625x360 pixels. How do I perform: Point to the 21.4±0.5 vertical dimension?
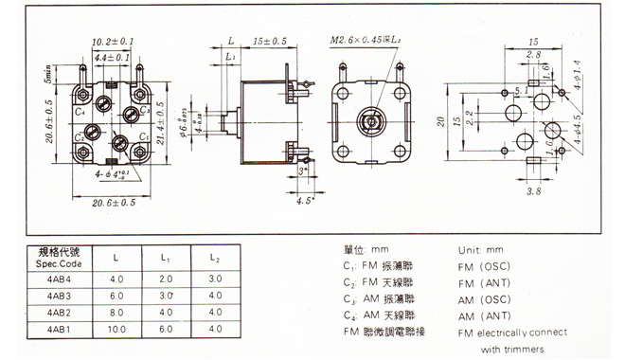click(x=160, y=123)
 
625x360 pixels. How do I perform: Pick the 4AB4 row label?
click(x=59, y=279)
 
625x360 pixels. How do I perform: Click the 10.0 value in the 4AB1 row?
click(x=116, y=328)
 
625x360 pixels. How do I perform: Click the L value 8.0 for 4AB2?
click(x=116, y=312)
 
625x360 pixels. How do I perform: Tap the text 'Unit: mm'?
click(x=478, y=249)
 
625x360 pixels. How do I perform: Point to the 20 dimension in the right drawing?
click(x=439, y=121)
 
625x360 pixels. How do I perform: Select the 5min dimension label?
click(x=20, y=77)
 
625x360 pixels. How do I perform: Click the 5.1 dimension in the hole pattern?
click(x=495, y=92)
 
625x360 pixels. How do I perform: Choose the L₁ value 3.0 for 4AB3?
click(x=166, y=296)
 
